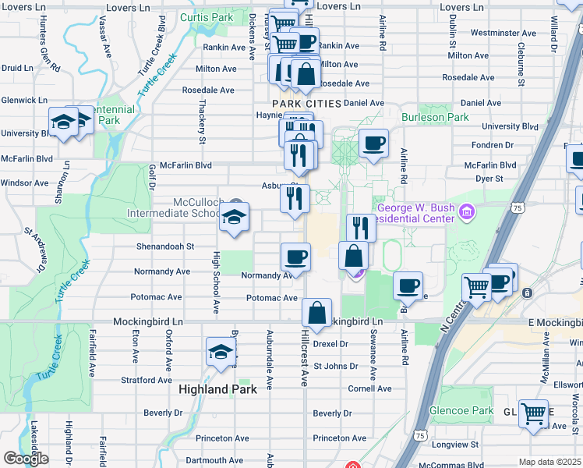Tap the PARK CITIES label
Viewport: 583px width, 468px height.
pos(306,104)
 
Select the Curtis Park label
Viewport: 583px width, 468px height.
pos(206,16)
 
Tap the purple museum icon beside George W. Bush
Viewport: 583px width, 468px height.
pos(467,211)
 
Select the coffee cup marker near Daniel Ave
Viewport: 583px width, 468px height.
pos(373,144)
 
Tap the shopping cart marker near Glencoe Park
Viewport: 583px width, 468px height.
pos(534,413)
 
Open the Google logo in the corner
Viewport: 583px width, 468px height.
pos(26,459)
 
